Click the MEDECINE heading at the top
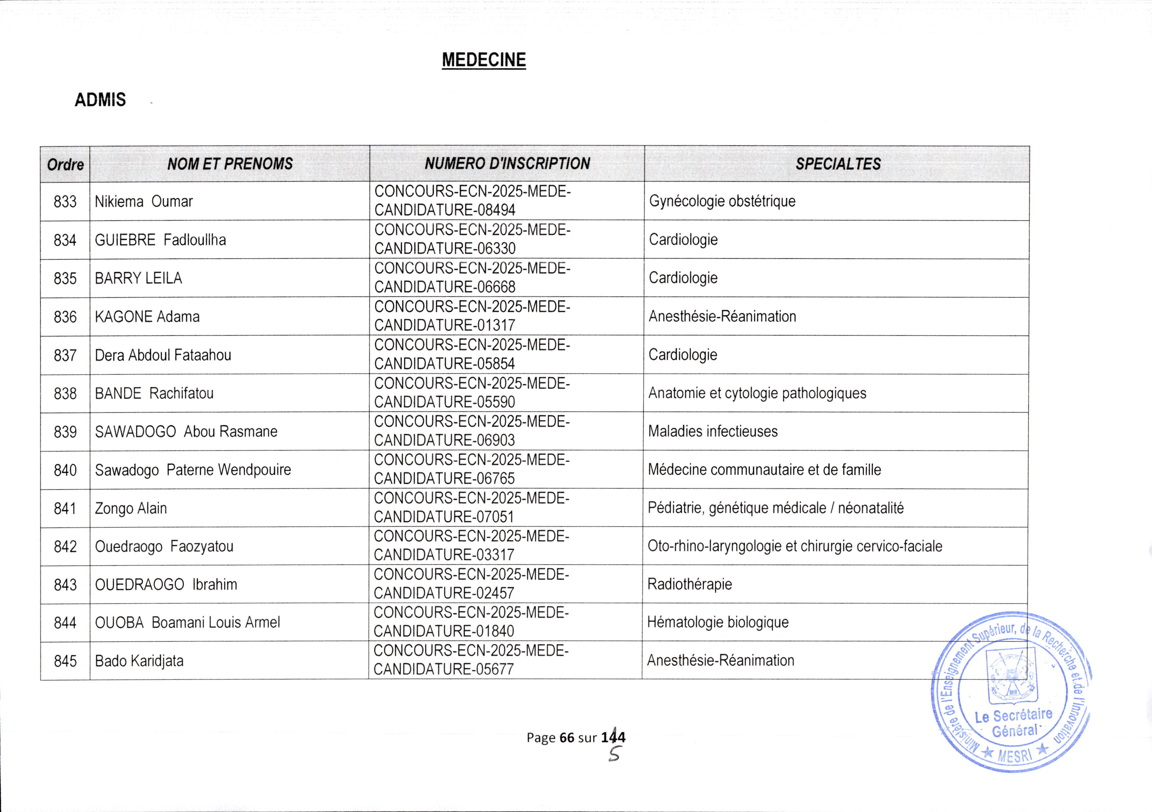484,60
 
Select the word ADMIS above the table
100,100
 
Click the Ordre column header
65,165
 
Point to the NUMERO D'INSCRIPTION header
507,164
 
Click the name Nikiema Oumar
144,202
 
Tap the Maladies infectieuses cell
713,431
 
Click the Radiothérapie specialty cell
689,584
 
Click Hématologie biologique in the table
718,622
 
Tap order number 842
65,547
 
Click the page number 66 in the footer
566,737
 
